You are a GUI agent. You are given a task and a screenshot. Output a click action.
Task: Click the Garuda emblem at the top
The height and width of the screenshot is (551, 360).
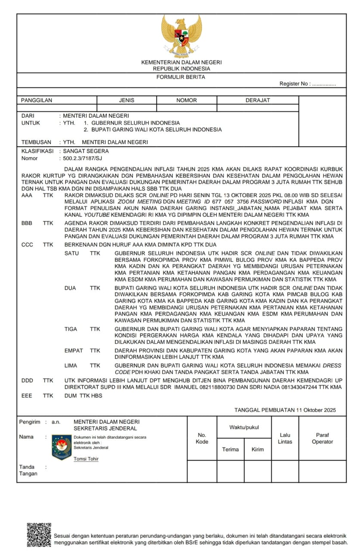181,36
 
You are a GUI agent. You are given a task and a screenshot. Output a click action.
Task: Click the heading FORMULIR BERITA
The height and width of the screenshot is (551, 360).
181,77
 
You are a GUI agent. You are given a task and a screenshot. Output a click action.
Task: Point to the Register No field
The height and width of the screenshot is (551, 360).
307,84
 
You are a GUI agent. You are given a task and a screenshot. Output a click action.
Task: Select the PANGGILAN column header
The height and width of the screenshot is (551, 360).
37,100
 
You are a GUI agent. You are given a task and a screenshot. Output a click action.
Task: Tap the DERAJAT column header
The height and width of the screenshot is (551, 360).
258,100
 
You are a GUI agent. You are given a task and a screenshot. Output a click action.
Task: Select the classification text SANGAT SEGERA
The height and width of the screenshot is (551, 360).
86,151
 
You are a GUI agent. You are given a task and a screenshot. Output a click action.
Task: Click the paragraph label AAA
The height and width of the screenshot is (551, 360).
27,195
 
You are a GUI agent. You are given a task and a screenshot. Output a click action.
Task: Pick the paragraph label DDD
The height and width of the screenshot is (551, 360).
27,381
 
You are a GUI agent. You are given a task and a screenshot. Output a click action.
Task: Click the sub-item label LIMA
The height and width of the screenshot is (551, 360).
71,365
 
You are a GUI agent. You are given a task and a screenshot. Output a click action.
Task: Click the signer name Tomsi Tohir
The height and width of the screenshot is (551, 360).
86,459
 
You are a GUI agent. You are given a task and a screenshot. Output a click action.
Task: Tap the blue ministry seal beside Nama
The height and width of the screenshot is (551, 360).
62,447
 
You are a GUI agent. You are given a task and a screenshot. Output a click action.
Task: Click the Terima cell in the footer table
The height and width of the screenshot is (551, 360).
230,449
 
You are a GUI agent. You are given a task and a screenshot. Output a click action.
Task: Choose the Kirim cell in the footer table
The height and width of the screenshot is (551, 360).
258,449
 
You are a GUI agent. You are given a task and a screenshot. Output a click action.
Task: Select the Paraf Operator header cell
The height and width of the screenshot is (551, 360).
322,438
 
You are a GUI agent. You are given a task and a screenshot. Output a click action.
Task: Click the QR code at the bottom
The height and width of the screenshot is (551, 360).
39,535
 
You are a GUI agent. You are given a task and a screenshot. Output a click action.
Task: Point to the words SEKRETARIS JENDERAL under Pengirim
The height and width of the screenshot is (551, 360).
106,428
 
